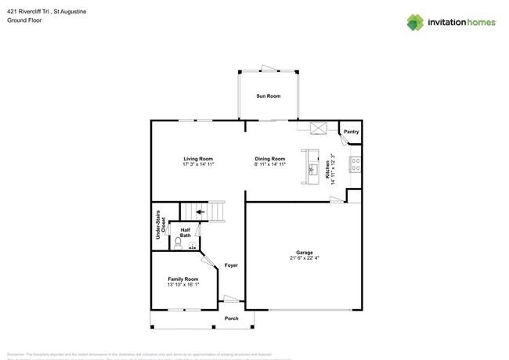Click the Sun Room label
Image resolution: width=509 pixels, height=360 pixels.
click(x=268, y=96)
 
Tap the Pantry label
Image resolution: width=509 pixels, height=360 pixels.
click(x=351, y=131)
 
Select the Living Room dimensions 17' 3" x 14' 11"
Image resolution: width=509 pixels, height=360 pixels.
click(x=198, y=164)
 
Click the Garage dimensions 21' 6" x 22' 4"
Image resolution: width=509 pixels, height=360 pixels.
click(x=304, y=257)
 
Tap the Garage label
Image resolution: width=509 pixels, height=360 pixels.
click(x=304, y=252)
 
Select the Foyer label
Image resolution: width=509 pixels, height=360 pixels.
click(x=231, y=265)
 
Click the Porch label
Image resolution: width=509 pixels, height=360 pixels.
click(x=232, y=319)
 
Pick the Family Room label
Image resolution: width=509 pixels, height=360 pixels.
click(x=182, y=279)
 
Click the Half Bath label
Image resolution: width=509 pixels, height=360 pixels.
click(x=186, y=232)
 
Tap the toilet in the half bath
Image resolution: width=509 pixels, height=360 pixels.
click(x=179, y=243)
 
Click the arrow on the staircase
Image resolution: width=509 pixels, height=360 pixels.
click(x=200, y=211)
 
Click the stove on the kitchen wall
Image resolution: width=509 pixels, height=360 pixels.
click(x=356, y=165)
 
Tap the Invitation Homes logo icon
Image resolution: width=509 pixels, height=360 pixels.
click(x=415, y=22)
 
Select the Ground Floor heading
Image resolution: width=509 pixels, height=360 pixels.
click(x=24, y=21)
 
